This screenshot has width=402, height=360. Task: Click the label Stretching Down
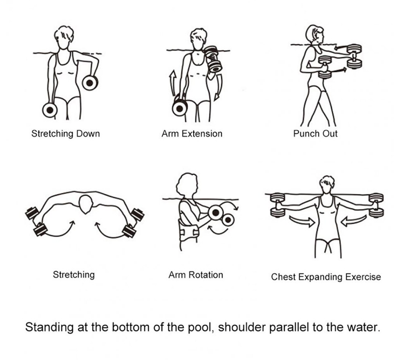pyautogui.click(x=65, y=134)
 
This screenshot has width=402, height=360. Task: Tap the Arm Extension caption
pyautogui.click(x=192, y=134)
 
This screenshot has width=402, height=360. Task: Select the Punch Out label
pyautogui.click(x=315, y=134)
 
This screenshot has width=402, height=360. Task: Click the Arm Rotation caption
pyautogui.click(x=196, y=275)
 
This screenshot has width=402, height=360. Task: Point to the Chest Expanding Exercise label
pyautogui.click(x=326, y=277)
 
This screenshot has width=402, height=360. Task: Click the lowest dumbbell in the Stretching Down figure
pyautogui.click(x=50, y=110)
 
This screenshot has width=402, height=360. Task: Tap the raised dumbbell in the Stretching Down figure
pyautogui.click(x=90, y=83)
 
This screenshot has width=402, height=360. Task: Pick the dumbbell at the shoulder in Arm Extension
pyautogui.click(x=213, y=59)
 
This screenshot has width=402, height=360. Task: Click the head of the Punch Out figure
pyautogui.click(x=315, y=35)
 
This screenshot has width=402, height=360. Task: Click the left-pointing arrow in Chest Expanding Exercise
pyautogui.click(x=353, y=220)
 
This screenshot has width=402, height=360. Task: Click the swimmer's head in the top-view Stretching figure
pyautogui.click(x=85, y=204)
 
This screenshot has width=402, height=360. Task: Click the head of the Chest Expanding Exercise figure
pyautogui.click(x=327, y=184)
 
